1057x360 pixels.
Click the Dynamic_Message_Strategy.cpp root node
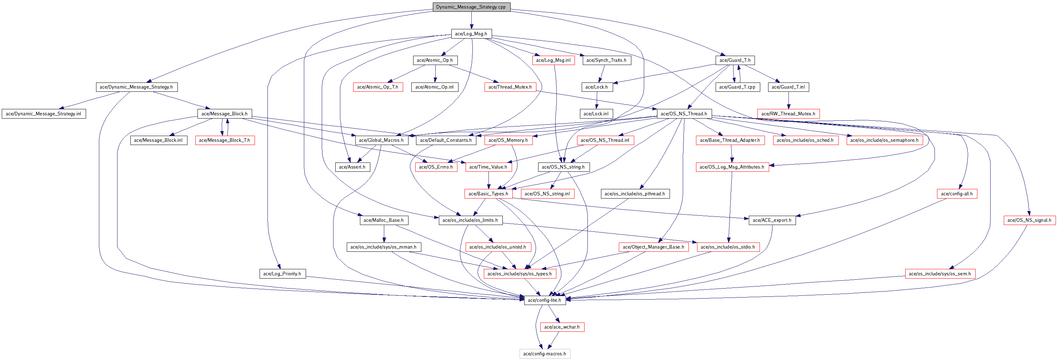(x=471, y=7)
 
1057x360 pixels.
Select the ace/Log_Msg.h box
(x=471, y=34)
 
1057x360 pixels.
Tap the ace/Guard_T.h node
(x=735, y=60)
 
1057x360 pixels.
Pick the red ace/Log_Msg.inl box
(x=553, y=60)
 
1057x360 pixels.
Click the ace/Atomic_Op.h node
(x=435, y=60)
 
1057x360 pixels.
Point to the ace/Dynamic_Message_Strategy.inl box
(x=44, y=114)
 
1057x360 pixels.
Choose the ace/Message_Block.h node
(x=224, y=114)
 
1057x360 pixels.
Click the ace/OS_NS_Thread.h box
(x=683, y=114)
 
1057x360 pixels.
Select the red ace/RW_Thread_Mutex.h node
(x=788, y=114)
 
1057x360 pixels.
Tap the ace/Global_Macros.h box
(x=381, y=140)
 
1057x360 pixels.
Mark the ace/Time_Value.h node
(x=488, y=167)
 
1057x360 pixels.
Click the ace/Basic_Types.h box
(x=488, y=194)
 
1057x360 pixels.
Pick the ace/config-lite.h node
(x=545, y=300)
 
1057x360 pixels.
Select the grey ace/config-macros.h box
(x=545, y=354)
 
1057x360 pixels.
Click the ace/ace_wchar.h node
(x=561, y=327)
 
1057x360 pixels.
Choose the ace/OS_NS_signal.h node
(x=1029, y=220)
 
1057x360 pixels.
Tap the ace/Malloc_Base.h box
(x=383, y=220)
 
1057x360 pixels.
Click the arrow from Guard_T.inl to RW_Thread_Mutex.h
(x=788, y=101)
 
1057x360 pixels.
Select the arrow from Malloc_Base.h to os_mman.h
(x=384, y=234)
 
